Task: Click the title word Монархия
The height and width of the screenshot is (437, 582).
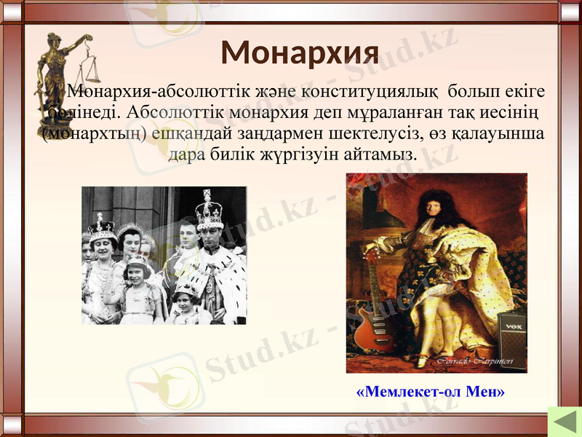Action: (x=300, y=52)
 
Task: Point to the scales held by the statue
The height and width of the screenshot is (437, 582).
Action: (x=90, y=69)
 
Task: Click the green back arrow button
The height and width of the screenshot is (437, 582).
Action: (x=562, y=422)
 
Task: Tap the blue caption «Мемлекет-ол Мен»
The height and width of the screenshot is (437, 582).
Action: (x=431, y=392)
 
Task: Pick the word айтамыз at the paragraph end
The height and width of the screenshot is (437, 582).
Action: (x=384, y=155)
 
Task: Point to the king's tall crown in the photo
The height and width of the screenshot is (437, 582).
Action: (x=209, y=211)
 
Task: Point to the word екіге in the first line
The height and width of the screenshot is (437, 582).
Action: (x=520, y=92)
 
